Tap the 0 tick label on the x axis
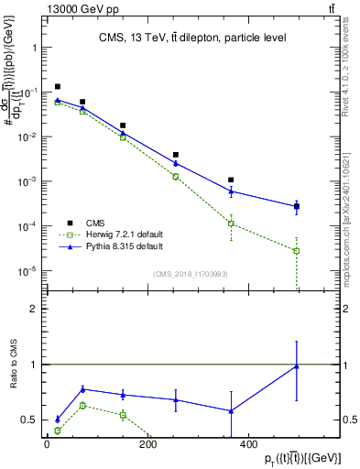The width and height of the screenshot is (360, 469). tap(47, 445)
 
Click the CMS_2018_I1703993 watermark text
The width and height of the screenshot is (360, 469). tap(190, 274)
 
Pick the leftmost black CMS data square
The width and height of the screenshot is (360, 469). tap(58, 87)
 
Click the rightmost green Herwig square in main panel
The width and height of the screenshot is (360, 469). tap(297, 251)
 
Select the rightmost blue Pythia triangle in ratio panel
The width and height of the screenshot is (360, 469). tap(297, 366)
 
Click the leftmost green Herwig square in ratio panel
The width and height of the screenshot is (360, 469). tap(58, 431)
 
